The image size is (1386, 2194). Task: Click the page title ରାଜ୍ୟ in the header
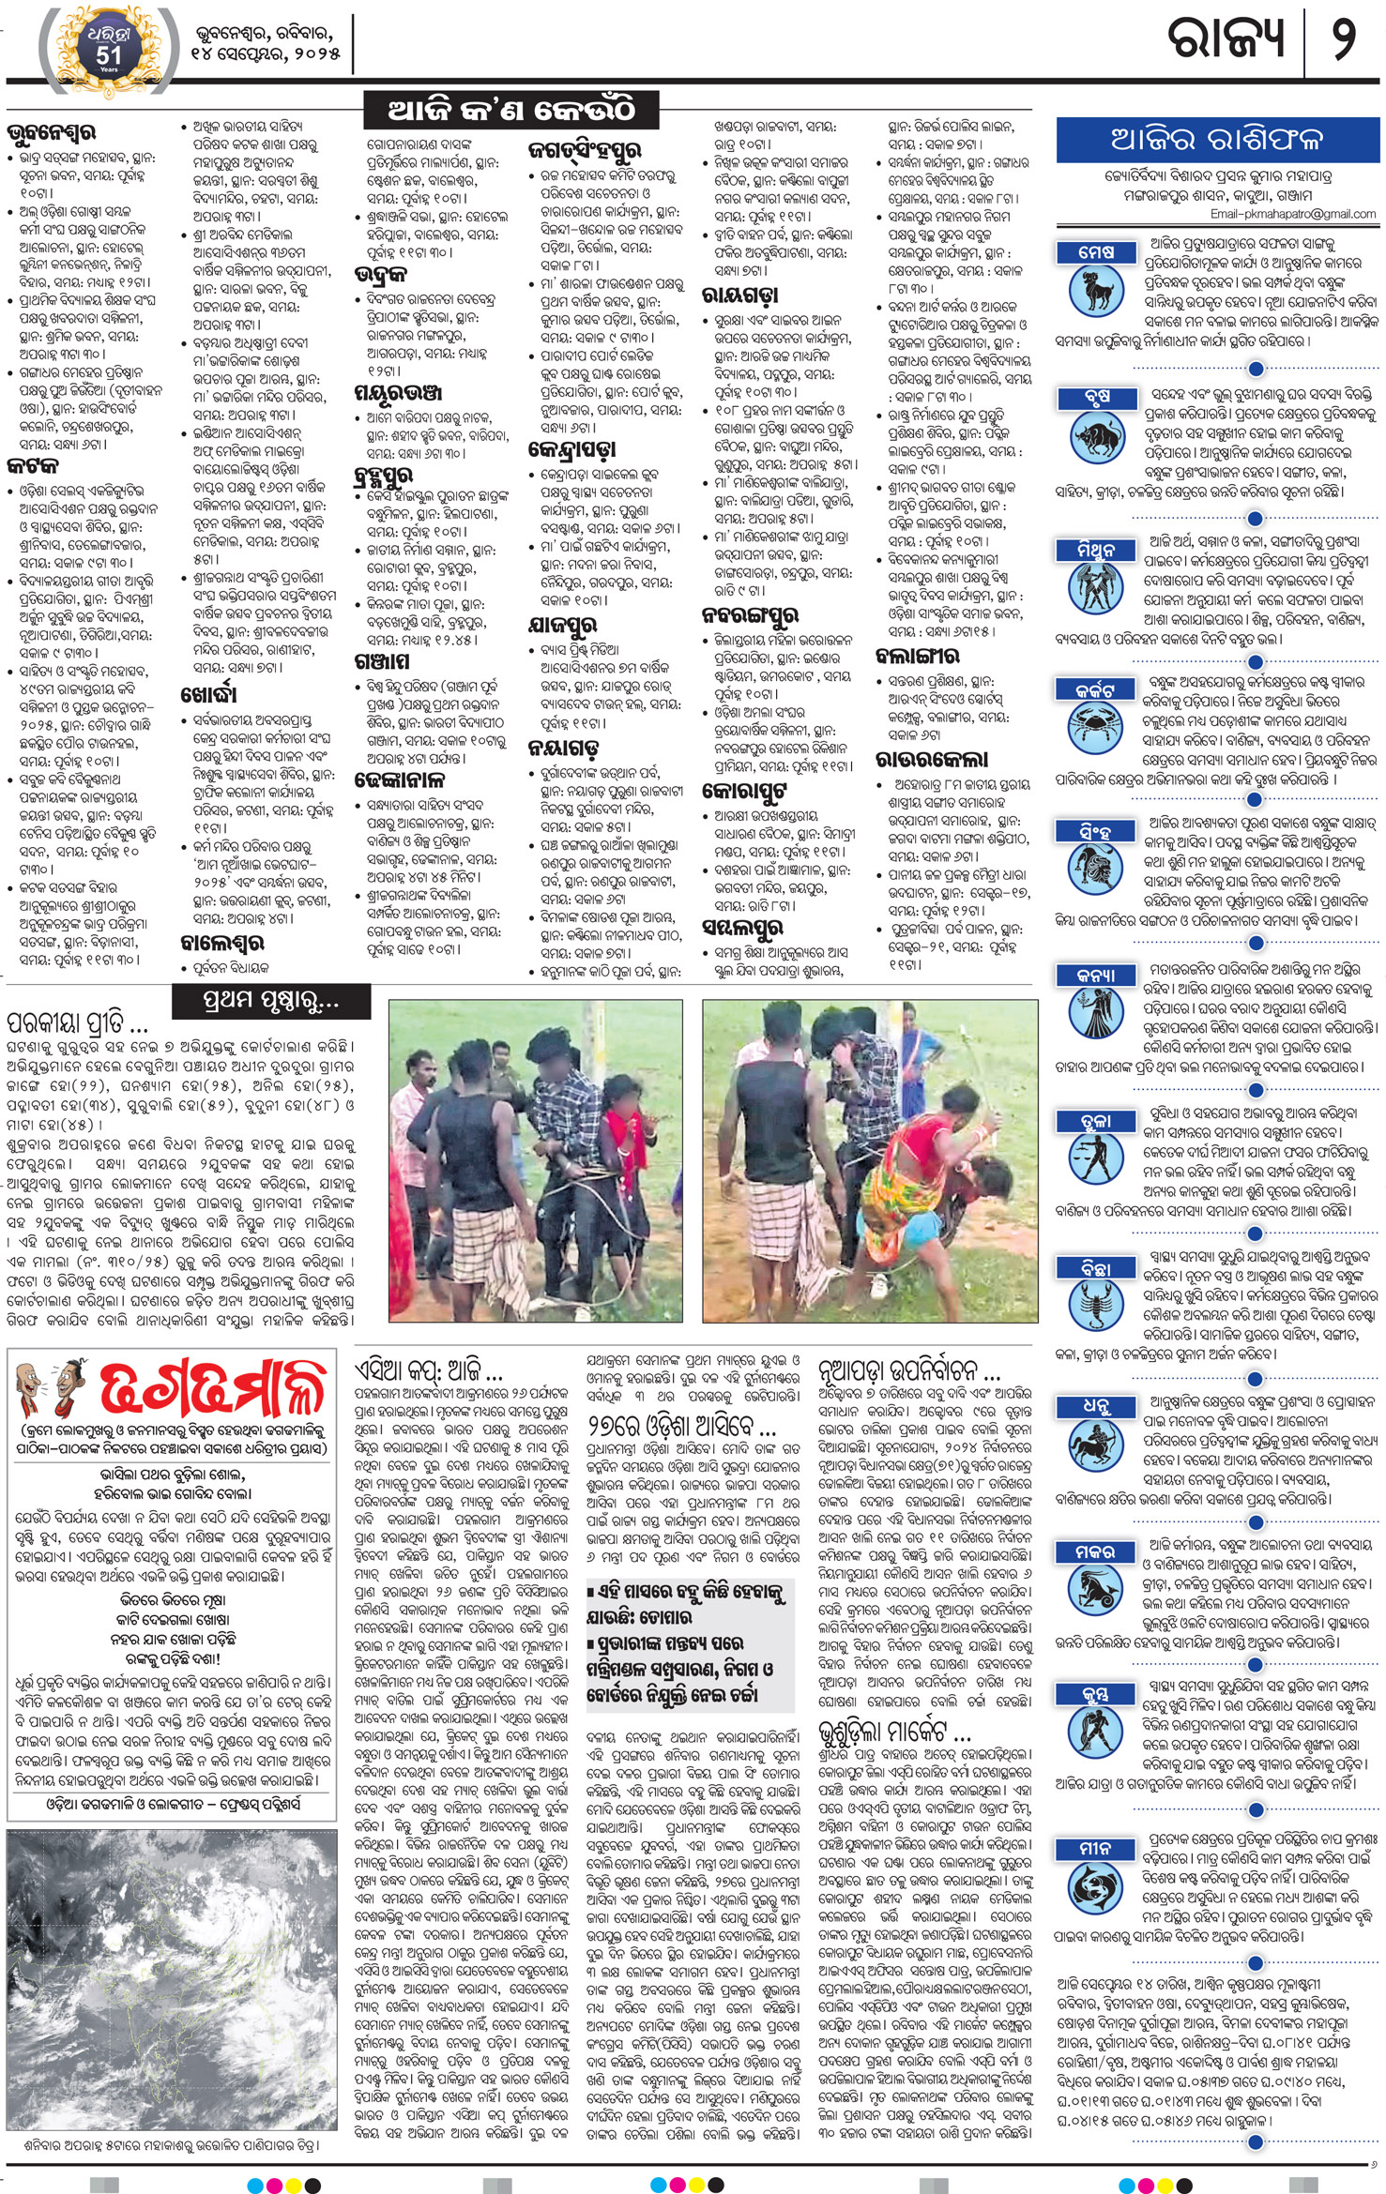(x=1224, y=39)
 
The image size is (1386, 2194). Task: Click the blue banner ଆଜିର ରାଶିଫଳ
(x=1217, y=140)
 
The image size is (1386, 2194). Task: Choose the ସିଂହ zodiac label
(x=1096, y=831)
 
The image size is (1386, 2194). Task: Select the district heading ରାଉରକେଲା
(x=932, y=759)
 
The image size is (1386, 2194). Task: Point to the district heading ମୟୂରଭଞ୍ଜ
(x=398, y=393)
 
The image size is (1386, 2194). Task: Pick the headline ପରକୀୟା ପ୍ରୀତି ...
(x=80, y=1021)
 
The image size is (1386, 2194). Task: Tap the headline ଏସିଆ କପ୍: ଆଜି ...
(x=428, y=1369)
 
